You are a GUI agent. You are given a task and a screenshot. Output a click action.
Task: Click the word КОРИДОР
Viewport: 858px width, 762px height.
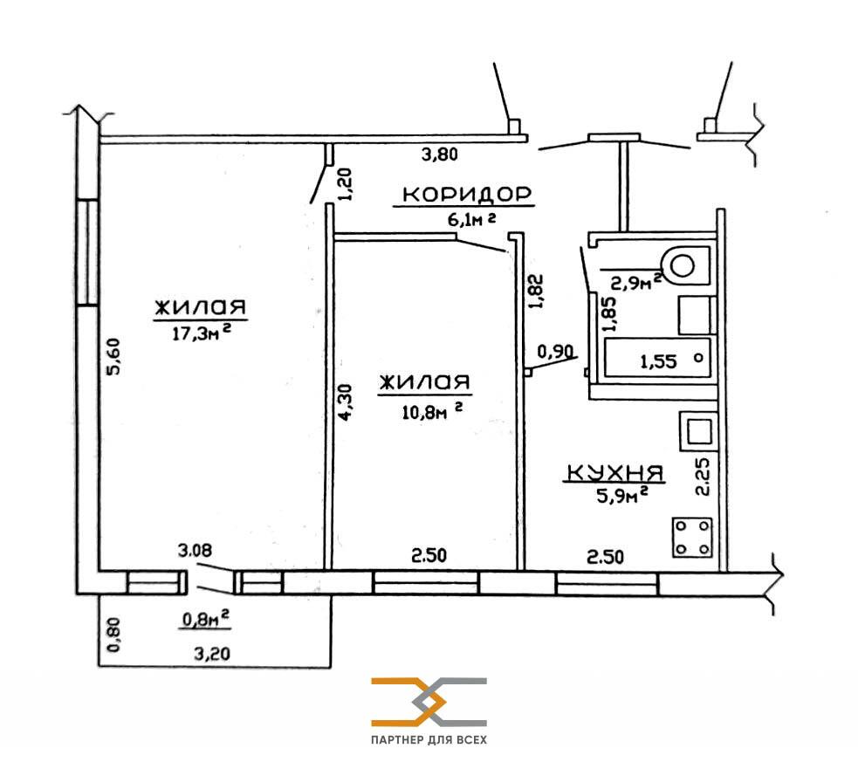467,195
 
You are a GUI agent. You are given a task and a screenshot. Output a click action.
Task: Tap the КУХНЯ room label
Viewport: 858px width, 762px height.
614,472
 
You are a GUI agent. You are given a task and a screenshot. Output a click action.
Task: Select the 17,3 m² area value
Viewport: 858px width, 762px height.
201,332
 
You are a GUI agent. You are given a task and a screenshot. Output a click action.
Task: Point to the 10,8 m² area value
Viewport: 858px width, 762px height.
432,411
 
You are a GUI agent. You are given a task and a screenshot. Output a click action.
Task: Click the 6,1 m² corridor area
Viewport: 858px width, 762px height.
471,219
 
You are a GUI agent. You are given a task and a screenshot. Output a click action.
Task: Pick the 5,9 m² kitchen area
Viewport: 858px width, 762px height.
622,495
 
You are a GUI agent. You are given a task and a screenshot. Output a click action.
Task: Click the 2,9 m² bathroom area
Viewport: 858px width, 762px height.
636,282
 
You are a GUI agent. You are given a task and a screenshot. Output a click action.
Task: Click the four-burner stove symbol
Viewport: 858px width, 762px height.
692,537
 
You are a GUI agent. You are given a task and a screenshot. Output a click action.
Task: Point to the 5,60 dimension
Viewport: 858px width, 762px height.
115,357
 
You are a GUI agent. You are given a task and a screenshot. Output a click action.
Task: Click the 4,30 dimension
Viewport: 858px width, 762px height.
346,402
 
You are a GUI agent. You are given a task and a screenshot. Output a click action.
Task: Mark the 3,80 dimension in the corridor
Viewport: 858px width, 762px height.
439,154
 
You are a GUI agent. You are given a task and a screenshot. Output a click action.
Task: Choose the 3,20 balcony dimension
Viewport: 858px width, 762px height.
212,653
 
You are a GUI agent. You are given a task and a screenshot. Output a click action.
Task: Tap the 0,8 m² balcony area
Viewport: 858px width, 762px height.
205,619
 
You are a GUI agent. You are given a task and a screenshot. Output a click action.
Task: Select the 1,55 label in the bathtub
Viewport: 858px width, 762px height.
658,361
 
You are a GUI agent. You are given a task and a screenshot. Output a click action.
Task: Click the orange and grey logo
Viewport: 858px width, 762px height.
429,703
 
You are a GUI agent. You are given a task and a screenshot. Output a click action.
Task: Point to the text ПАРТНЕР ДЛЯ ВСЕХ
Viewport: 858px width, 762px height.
429,740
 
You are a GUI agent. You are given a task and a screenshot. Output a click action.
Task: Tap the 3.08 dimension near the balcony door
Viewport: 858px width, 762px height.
195,550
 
